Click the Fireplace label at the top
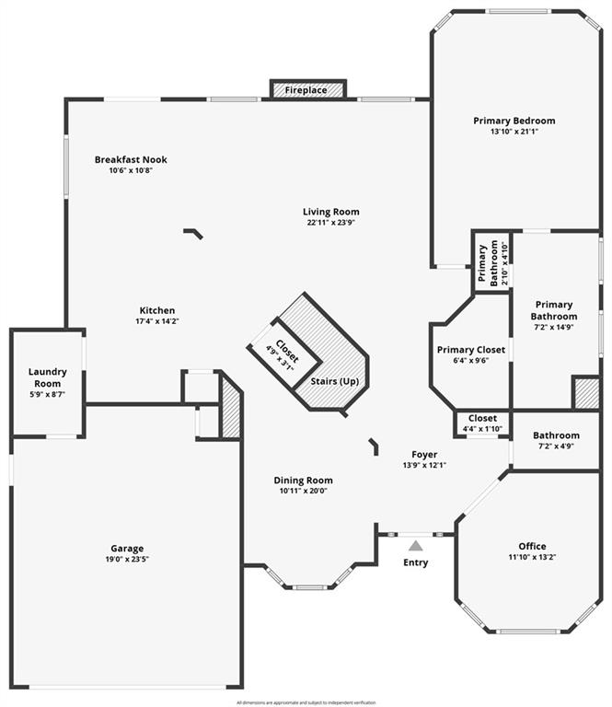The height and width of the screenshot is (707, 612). tap(306, 90)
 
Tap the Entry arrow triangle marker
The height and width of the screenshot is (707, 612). tap(415, 546)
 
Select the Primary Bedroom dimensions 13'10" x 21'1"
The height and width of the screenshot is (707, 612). tap(514, 132)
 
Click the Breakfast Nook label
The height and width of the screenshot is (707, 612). tap(131, 159)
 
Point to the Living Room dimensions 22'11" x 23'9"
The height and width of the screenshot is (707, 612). tap(330, 222)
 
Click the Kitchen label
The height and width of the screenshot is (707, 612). tap(156, 310)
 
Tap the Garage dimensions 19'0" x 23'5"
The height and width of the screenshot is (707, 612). tap(128, 559)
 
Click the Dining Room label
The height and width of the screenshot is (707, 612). tap(303, 480)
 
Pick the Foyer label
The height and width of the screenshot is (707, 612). tap(424, 454)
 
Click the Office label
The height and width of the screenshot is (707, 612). tap(532, 546)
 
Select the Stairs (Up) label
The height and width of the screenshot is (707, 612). tap(334, 381)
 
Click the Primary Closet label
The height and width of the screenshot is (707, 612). tap(470, 350)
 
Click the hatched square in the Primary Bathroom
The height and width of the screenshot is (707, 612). tap(585, 392)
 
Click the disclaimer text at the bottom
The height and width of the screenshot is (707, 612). tap(306, 702)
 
